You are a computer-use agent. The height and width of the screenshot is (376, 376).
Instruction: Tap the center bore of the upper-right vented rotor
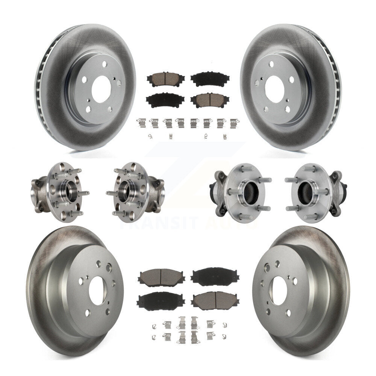(x=274, y=88)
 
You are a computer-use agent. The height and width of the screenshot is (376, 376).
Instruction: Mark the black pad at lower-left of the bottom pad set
(x=155, y=300)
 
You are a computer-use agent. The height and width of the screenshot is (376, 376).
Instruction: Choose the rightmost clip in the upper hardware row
(x=234, y=123)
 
